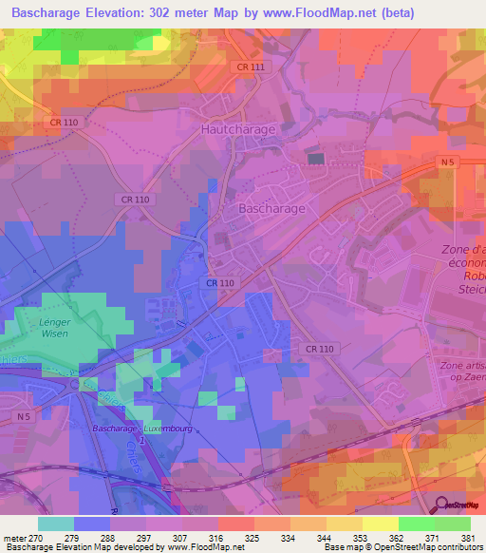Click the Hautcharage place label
click(x=237, y=128)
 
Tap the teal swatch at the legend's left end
click(x=56, y=524)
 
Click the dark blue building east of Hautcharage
click(x=316, y=159)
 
